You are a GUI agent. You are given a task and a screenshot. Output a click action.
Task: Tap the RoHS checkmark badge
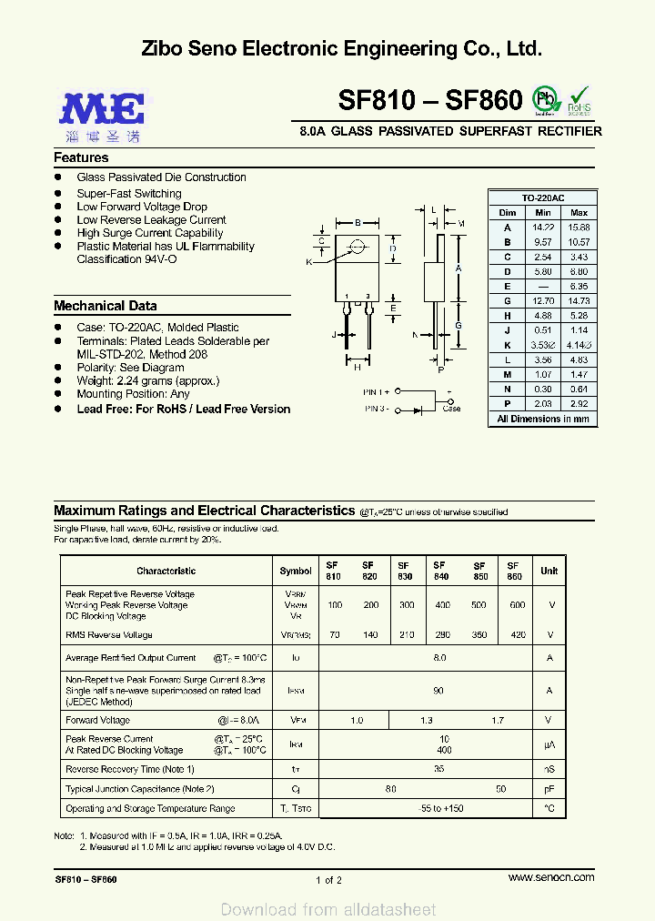pos(579,100)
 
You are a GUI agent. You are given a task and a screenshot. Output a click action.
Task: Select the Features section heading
pos(81,157)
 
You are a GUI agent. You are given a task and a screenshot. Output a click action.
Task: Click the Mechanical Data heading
pos(105,306)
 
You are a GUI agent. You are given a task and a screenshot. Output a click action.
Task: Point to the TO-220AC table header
pos(543,197)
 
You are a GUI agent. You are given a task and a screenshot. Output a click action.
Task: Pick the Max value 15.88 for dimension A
pos(579,227)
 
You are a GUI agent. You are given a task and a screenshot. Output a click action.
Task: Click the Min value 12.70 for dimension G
pos(543,300)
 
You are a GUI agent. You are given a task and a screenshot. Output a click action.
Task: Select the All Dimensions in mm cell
pos(543,419)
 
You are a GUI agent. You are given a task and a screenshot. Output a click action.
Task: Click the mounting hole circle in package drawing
pos(358,245)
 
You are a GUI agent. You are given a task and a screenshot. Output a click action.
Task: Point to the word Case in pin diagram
pos(451,409)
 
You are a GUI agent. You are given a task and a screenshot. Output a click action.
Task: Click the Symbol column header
pos(296,571)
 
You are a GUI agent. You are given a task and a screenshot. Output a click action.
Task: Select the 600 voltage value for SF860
pos(518,605)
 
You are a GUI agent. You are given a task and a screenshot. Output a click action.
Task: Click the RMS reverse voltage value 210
pos(407,635)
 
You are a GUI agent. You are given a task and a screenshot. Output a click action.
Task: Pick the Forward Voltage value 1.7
pos(497,721)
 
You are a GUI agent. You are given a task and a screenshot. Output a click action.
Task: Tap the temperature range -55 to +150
pos(440,808)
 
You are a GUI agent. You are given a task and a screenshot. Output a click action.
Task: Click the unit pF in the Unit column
pos(549,789)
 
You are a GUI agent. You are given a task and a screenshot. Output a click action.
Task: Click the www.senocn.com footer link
pos(551,877)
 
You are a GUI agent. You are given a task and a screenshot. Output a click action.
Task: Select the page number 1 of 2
pos(328,880)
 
